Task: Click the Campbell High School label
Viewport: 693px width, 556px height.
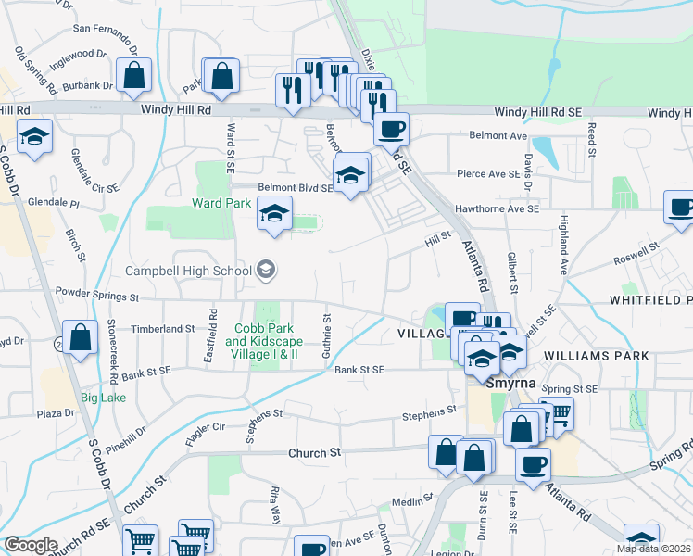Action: click(x=189, y=271)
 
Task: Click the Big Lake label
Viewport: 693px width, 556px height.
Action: click(x=103, y=398)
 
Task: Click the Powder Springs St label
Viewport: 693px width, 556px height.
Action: click(x=95, y=298)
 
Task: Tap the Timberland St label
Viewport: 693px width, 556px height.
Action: click(x=162, y=328)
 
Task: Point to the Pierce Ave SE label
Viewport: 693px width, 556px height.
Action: click(x=488, y=173)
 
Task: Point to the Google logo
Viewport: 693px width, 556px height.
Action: click(x=31, y=545)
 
